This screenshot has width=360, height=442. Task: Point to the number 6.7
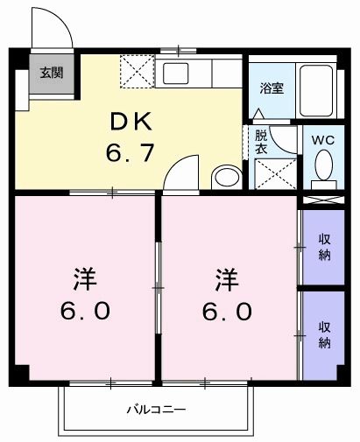coord(131,153)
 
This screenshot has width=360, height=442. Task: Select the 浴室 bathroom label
coord(272,88)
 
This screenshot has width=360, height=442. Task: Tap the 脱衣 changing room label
coord(261,142)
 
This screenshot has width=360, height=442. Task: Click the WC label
coord(324,137)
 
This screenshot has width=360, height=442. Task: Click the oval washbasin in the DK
coord(226,177)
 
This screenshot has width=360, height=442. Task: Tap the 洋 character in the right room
coord(227,280)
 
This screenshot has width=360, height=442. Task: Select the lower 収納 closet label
coord(324,334)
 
